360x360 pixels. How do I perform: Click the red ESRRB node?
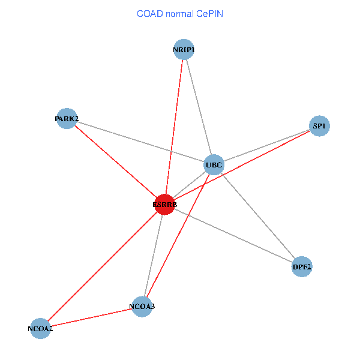pos(164,205)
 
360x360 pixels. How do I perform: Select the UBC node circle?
pos(214,164)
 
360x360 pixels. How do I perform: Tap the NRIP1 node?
pos(184,49)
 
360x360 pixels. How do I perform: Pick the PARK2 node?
pos(67,118)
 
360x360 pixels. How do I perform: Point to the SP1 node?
pos(319,126)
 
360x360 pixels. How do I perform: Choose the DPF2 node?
pos(302,266)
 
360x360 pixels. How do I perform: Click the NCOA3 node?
pos(142,307)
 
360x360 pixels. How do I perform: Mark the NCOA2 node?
pos(40,328)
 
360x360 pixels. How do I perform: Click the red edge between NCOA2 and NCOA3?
pos(91,317)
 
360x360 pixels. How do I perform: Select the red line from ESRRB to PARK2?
pos(115,161)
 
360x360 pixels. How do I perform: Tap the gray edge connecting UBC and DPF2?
pos(258,215)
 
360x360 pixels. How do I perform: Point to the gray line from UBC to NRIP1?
pos(199,107)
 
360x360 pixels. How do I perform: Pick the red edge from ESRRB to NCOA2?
pos(102,266)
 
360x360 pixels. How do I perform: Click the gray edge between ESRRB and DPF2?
pos(233,236)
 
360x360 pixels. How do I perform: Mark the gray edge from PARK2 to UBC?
pos(140,141)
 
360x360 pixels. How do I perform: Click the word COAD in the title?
pos(150,13)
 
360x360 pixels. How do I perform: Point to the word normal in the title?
pos(184,13)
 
